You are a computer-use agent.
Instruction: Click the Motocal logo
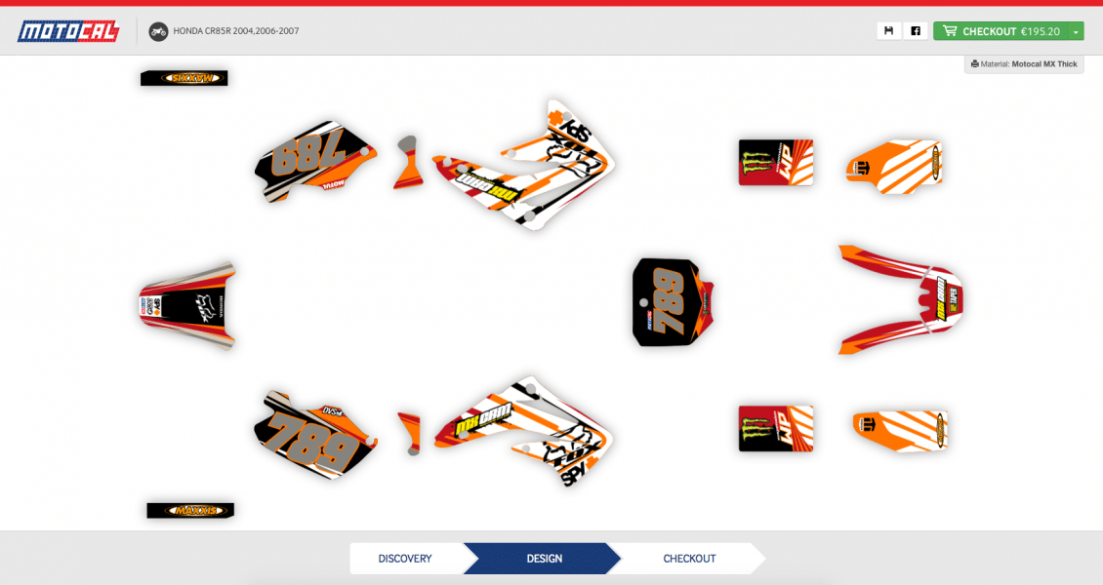pyautogui.click(x=68, y=31)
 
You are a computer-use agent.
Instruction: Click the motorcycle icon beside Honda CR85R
pyautogui.click(x=158, y=31)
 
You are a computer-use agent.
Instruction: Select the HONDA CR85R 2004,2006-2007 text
pyautogui.click(x=236, y=31)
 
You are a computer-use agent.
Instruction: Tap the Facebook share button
pyautogui.click(x=916, y=31)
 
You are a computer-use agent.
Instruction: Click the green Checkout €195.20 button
pyautogui.click(x=1000, y=31)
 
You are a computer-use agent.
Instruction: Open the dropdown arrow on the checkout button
pyautogui.click(x=1076, y=31)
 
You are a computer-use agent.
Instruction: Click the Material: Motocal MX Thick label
pyautogui.click(x=1024, y=64)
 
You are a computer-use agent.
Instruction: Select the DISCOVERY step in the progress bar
pyautogui.click(x=405, y=559)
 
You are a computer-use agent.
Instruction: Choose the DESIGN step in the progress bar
pyautogui.click(x=544, y=559)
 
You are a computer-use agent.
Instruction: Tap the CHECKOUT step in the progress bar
pyautogui.click(x=689, y=559)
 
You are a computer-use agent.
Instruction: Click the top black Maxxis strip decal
pyautogui.click(x=184, y=78)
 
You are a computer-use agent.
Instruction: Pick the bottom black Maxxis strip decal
pyautogui.click(x=190, y=510)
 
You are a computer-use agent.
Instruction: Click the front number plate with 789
pyautogui.click(x=671, y=302)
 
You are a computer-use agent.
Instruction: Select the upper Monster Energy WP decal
pyautogui.click(x=776, y=162)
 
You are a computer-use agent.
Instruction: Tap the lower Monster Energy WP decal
pyautogui.click(x=776, y=428)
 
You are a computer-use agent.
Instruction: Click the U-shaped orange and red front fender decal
pyautogui.click(x=903, y=297)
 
